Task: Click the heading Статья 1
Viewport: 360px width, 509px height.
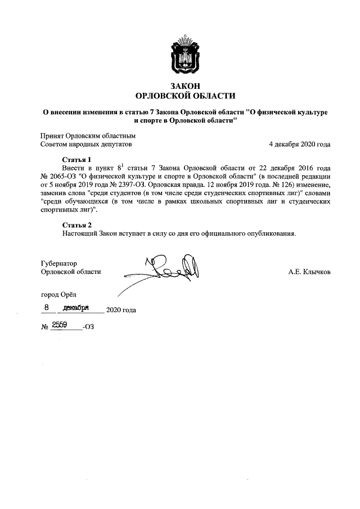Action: click(x=76, y=159)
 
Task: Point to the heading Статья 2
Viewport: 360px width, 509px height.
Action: click(x=76, y=225)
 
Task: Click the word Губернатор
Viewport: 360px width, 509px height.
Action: click(x=58, y=263)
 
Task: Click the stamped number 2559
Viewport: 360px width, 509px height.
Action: click(x=60, y=325)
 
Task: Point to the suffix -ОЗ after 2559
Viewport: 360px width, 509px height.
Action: click(x=88, y=326)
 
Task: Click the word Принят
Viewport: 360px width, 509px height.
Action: click(x=52, y=136)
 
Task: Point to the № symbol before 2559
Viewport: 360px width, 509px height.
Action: click(x=44, y=326)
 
